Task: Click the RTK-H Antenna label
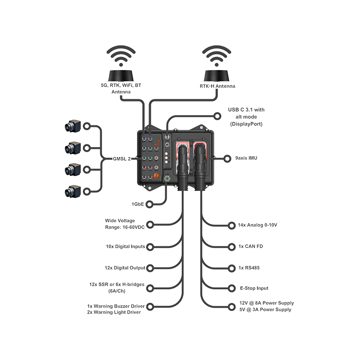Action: [x=217, y=86]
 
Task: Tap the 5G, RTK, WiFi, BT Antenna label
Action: [x=121, y=88]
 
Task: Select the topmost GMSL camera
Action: [x=73, y=126]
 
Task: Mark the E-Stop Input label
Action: [x=254, y=288]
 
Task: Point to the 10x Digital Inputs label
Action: [x=125, y=246]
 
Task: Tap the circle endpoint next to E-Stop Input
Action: [x=231, y=288]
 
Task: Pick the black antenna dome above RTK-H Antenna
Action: [x=217, y=76]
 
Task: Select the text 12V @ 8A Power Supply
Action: [x=266, y=303]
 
